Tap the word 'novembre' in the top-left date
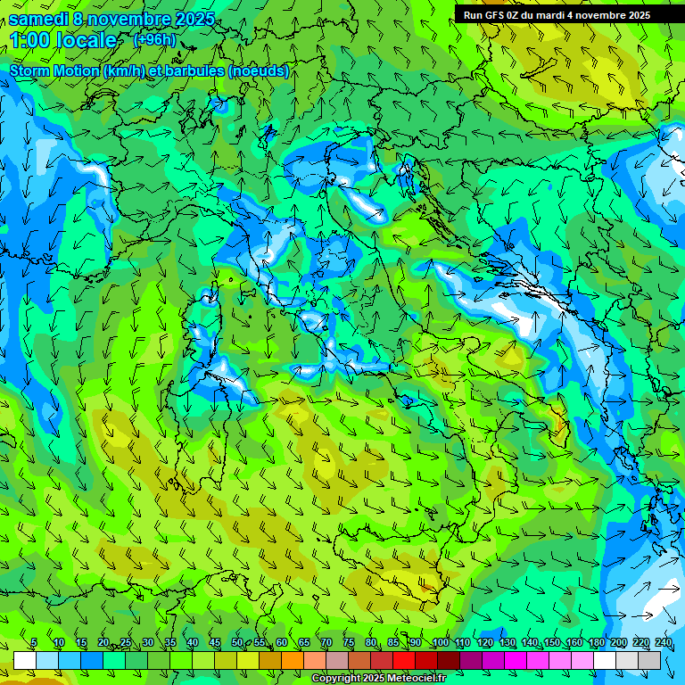tap(131, 19)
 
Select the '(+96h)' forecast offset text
tap(154, 39)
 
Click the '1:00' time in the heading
tap(27, 40)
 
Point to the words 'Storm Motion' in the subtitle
tap(54, 71)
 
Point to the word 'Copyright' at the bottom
tap(336, 679)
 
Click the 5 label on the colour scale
tap(34, 643)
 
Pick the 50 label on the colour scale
tap(236, 643)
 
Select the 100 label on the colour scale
tap(441, 643)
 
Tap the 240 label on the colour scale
tap(664, 643)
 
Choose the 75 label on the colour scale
tap(349, 643)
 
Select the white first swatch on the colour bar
tap(24, 660)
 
